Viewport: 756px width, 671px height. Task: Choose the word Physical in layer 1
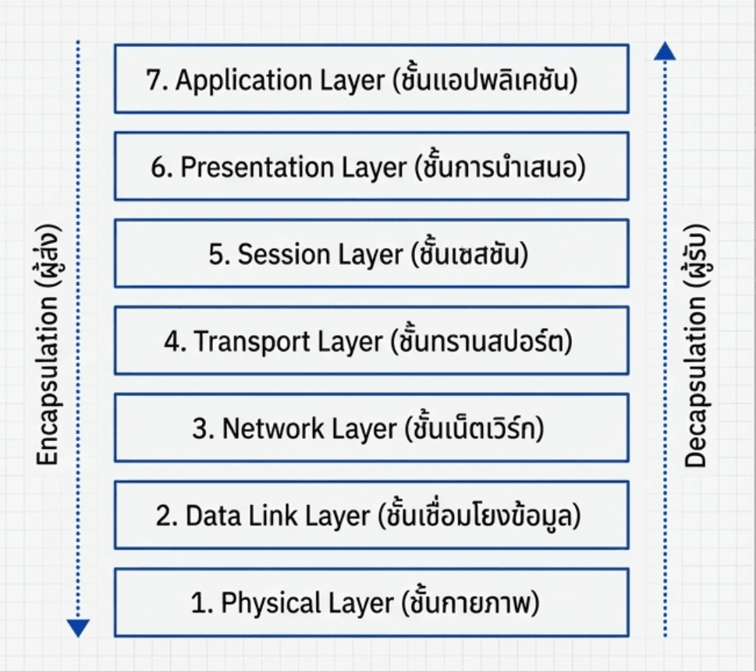point(264,602)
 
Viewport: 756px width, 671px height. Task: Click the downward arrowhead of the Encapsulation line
point(78,627)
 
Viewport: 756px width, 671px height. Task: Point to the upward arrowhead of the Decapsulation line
point(665,51)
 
